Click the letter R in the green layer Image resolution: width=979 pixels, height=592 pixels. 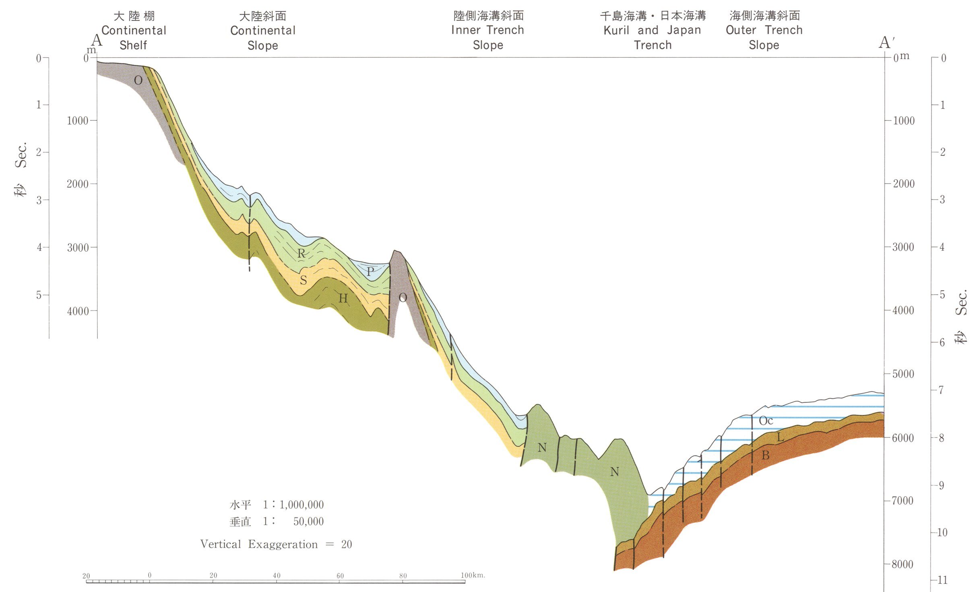(x=302, y=253)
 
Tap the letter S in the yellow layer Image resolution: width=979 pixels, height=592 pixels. (x=304, y=280)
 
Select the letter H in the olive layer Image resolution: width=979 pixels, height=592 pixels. (x=343, y=298)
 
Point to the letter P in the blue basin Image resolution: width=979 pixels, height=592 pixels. (x=370, y=271)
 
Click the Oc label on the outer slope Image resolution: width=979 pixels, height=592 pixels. (x=766, y=421)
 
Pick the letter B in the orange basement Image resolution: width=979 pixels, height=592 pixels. (x=766, y=455)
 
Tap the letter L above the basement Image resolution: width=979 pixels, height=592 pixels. (x=780, y=437)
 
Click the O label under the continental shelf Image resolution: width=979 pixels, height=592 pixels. (x=138, y=80)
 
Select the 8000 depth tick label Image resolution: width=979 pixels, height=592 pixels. (x=903, y=564)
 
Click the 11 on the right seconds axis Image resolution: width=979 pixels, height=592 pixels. (x=942, y=580)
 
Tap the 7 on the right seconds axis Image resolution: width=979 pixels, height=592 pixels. (x=941, y=390)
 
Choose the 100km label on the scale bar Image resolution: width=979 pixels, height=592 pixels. (x=473, y=575)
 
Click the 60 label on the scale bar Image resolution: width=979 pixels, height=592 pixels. (x=340, y=576)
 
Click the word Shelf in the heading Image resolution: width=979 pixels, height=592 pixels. (x=133, y=45)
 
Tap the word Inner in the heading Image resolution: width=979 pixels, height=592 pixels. (x=466, y=30)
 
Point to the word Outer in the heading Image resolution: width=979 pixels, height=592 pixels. (x=741, y=30)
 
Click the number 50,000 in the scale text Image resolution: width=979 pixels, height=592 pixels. (x=308, y=522)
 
